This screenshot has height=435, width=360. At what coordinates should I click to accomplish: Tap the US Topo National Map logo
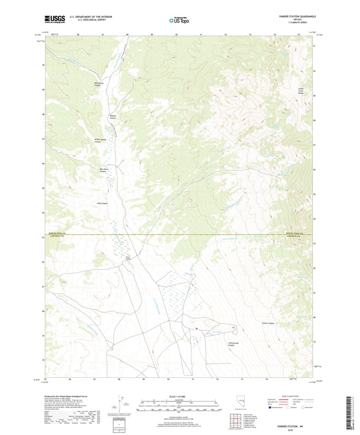[x=179, y=19]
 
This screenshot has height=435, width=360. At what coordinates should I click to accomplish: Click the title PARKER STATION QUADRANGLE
[x=297, y=16]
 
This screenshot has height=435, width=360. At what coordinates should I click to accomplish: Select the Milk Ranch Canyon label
[x=95, y=84]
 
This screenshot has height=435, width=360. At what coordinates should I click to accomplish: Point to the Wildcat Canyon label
[x=113, y=117]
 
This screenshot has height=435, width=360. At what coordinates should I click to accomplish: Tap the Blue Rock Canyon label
[x=103, y=170]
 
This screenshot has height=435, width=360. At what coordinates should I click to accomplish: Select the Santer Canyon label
[x=268, y=323]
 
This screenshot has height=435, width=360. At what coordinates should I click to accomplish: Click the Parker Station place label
[x=128, y=257]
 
